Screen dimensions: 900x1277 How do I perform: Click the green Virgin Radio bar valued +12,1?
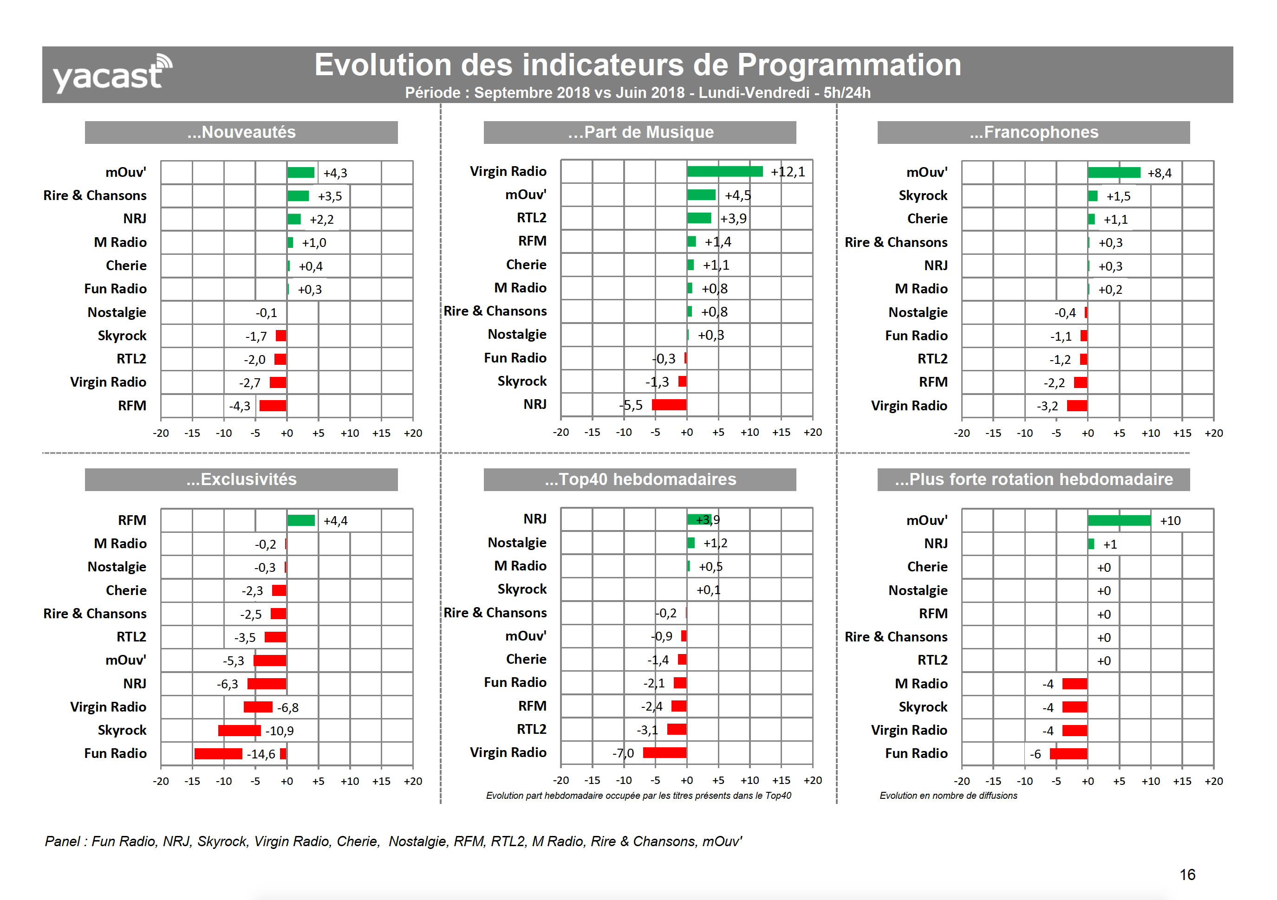click(x=725, y=171)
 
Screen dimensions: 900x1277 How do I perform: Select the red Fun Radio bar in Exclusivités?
click(x=218, y=754)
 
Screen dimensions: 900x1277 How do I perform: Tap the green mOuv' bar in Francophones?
click(x=1114, y=172)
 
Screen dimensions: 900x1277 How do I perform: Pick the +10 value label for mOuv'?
click(x=1170, y=521)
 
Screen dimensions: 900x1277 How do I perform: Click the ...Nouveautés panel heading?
click(x=241, y=132)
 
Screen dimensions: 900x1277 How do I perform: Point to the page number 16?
click(x=1187, y=874)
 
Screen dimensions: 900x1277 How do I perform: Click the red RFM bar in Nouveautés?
click(x=273, y=406)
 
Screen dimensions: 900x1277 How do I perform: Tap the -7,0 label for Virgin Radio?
click(x=622, y=753)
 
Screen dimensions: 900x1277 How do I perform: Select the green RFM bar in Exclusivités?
click(x=301, y=520)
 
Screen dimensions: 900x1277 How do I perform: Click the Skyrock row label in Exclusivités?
click(x=122, y=730)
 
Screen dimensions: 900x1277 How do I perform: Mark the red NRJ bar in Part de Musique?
click(x=669, y=405)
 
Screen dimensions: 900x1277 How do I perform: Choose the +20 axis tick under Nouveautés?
click(x=413, y=433)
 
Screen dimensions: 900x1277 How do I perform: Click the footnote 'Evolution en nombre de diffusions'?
click(x=948, y=796)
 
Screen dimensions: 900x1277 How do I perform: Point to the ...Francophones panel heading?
click(x=1033, y=132)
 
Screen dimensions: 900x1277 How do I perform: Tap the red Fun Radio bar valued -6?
click(x=1068, y=754)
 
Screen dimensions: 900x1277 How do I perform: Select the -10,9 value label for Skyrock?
click(x=279, y=731)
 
